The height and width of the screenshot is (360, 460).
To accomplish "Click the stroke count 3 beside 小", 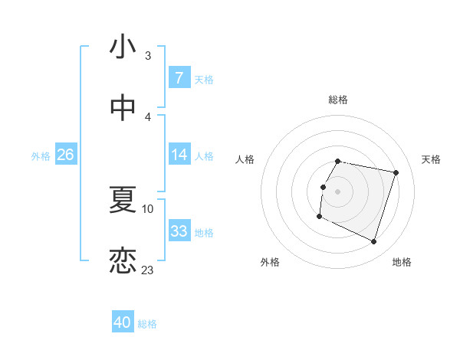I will coord(148,55).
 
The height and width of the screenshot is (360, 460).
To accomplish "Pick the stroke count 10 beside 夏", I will coord(148,208).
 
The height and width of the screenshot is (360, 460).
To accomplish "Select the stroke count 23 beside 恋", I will coord(148,270).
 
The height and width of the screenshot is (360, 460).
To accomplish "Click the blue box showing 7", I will coord(179,78).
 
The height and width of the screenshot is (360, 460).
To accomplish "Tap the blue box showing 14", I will coord(179,155).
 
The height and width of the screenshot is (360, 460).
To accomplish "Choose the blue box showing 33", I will coord(179,231).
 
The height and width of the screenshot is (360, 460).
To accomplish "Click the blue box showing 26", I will coord(65,155).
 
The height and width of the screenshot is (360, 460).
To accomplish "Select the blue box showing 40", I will coord(122,323).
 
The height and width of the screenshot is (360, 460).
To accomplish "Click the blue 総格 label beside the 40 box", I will coord(147,324).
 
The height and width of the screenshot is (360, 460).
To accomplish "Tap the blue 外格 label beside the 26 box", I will coord(41,155).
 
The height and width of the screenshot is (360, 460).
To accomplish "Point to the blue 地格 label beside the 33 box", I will coord(204,232).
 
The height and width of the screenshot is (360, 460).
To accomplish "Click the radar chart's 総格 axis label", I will coord(337,100).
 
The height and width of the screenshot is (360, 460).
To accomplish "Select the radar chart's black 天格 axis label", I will coord(432,159).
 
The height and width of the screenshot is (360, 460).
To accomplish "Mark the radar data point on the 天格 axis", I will coord(396,173).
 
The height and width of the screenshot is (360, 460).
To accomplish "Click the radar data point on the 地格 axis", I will coord(373,242).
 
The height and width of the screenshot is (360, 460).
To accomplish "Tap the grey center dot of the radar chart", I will coord(337,191).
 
